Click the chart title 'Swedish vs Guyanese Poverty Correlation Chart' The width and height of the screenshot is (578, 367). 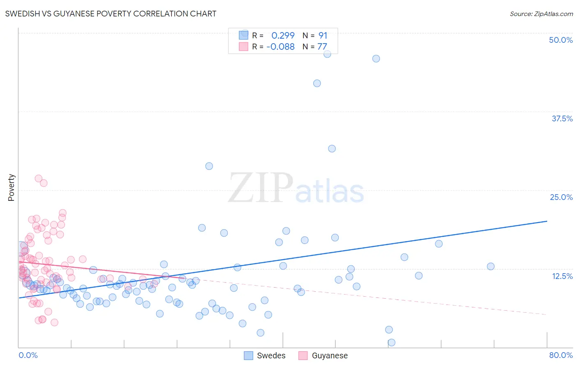click(x=111, y=14)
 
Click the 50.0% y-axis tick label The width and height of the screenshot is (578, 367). click(x=561, y=40)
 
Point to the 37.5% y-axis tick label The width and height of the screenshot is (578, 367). click(x=562, y=118)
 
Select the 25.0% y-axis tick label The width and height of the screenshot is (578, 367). click(x=561, y=197)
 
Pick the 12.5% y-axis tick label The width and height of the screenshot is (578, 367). click(x=562, y=276)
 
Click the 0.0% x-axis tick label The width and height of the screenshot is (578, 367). click(x=28, y=355)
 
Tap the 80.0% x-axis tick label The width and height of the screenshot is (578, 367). click(x=561, y=355)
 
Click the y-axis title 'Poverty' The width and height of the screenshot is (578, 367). click(x=11, y=188)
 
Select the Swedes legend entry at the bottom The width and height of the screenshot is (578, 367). click(x=265, y=355)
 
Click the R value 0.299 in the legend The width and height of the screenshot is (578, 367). click(x=283, y=36)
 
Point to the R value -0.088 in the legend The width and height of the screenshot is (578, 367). click(x=280, y=47)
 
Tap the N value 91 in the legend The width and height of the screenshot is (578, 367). click(x=323, y=36)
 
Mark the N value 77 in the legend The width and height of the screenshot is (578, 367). click(x=322, y=47)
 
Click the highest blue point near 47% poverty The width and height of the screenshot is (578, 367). click(x=327, y=54)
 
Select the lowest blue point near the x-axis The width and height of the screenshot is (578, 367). click(x=391, y=342)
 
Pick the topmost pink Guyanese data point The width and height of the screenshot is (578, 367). click(x=39, y=179)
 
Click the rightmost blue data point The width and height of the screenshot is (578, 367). click(x=490, y=266)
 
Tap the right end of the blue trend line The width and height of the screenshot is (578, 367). click(x=547, y=221)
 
